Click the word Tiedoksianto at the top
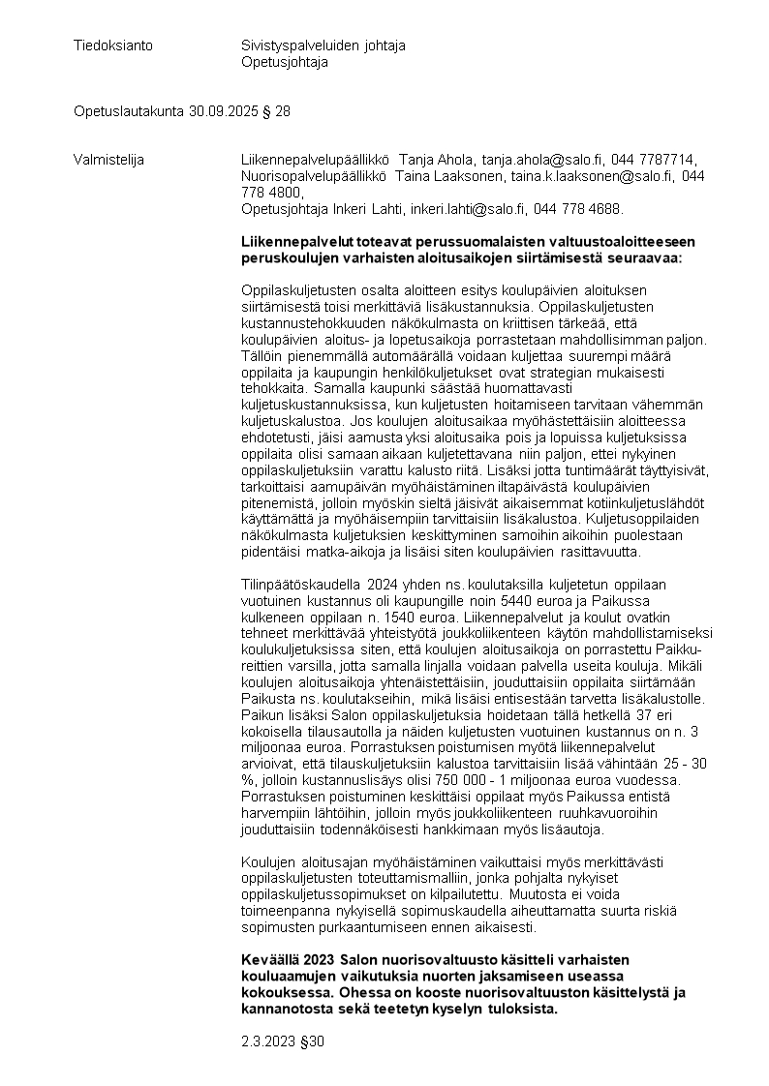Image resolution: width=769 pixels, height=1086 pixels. coord(113,45)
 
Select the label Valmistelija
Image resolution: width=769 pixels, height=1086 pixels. coord(108,160)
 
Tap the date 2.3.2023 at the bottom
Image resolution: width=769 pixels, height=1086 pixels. coord(263,1041)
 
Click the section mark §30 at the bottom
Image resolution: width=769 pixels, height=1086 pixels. coord(308,1041)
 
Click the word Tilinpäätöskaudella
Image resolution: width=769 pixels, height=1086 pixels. coord(299,585)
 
